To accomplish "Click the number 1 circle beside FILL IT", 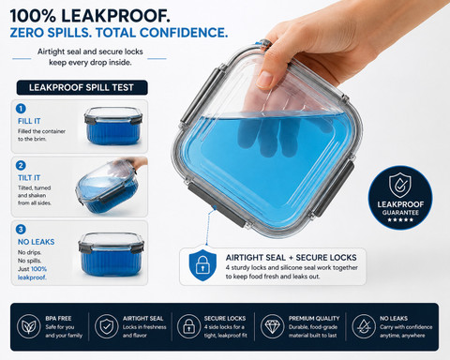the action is [x=21, y=109].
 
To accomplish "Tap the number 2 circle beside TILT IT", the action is [x=21, y=166].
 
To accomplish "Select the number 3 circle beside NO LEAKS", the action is [x=21, y=230].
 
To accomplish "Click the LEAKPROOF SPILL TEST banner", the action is [x=82, y=87].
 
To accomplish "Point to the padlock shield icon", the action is [x=202, y=265].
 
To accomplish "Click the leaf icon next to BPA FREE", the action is [x=29, y=326].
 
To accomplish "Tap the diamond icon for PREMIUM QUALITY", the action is [x=272, y=326].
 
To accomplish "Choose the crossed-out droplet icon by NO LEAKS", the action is [x=364, y=326].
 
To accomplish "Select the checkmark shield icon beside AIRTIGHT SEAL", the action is [x=107, y=326].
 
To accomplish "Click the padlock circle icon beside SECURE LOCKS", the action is [x=188, y=326].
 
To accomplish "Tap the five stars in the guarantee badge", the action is [x=400, y=220].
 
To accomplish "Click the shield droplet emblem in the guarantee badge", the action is [x=400, y=185].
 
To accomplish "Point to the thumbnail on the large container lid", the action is [x=264, y=80].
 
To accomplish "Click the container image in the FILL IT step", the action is [x=113, y=126].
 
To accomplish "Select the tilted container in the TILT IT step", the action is [x=108, y=187].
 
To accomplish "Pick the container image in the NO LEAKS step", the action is [x=111, y=254].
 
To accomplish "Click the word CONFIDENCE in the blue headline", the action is [x=184, y=33].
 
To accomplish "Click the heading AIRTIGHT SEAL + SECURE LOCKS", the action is [x=292, y=258].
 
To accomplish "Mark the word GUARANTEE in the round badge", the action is [x=400, y=213].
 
